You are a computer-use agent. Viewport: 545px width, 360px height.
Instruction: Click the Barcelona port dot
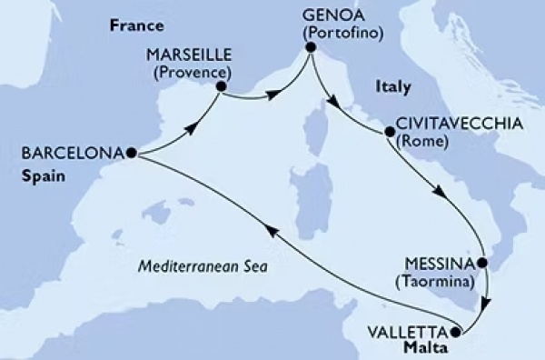(x=132, y=154)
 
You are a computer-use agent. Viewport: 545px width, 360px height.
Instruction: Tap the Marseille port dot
(x=220, y=87)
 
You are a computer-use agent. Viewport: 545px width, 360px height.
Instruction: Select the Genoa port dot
(x=310, y=47)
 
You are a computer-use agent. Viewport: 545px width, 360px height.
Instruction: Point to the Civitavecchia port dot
(x=390, y=132)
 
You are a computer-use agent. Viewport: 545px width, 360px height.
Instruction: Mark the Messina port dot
(x=483, y=264)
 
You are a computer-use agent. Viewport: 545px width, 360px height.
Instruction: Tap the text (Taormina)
(x=439, y=283)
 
